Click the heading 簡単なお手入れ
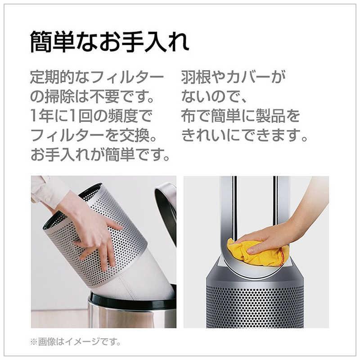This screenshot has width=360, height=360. coord(109,43)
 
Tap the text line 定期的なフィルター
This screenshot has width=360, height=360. coord(97,78)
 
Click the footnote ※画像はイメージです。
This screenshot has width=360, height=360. coord(76,342)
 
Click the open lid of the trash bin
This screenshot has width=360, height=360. coord(166,207)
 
